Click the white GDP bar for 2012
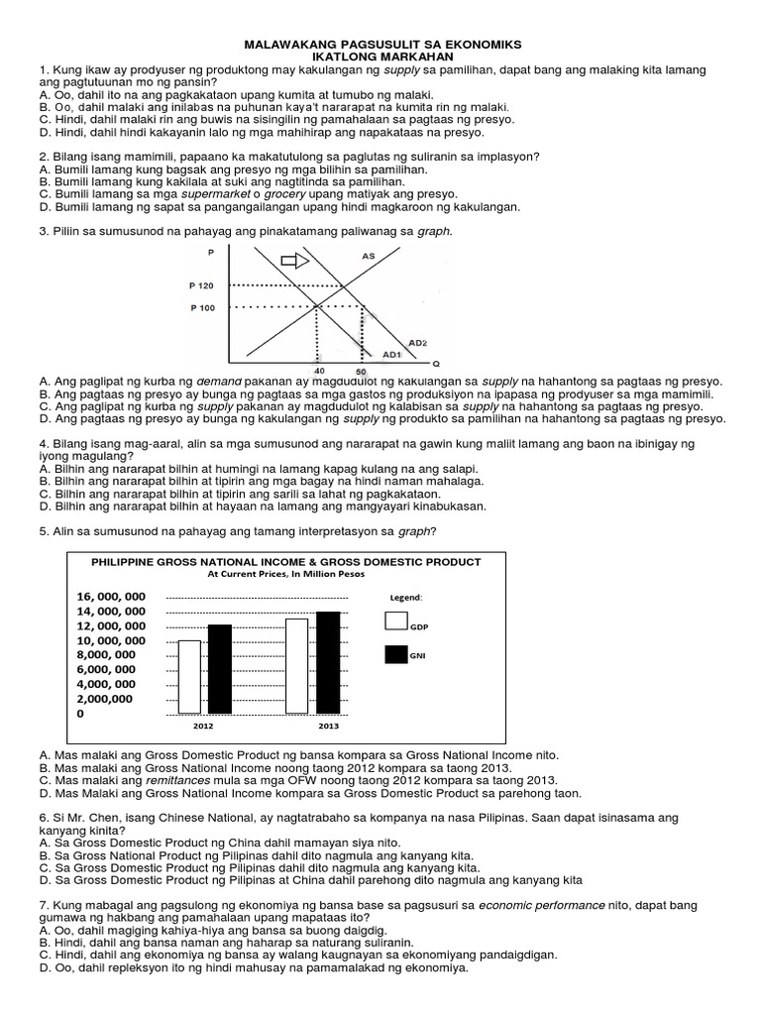click(189, 677)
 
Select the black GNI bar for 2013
click(328, 662)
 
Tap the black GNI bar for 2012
click(219, 669)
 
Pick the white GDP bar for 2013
click(296, 665)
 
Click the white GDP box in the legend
click(395, 621)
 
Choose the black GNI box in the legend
click(395, 654)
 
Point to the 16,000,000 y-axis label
click(110, 596)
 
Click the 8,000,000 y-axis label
click(106, 654)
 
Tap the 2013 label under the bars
click(328, 727)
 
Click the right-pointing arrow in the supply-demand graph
click(295, 261)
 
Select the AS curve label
click(369, 256)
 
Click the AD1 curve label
click(391, 354)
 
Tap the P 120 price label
click(201, 285)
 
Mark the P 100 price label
click(201, 307)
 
